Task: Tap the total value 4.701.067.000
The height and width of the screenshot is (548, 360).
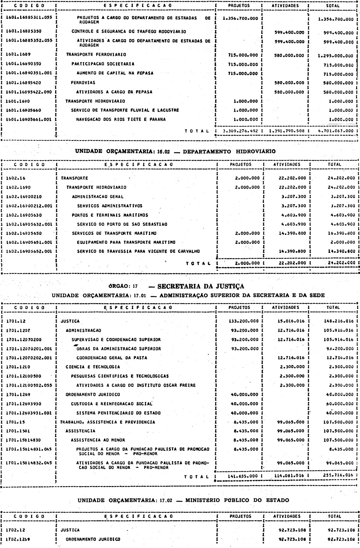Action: [x=336, y=131]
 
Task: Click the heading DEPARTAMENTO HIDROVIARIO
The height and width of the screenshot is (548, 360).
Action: [x=229, y=151]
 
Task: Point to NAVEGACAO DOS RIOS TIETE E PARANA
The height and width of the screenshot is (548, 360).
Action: [x=121, y=120]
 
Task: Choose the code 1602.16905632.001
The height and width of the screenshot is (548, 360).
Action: [x=29, y=224]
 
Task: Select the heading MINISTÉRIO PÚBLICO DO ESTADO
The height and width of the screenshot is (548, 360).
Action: [x=237, y=500]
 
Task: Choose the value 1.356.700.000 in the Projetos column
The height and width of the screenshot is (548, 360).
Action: [x=240, y=18]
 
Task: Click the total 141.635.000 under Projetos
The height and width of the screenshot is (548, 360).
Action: [x=243, y=476]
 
